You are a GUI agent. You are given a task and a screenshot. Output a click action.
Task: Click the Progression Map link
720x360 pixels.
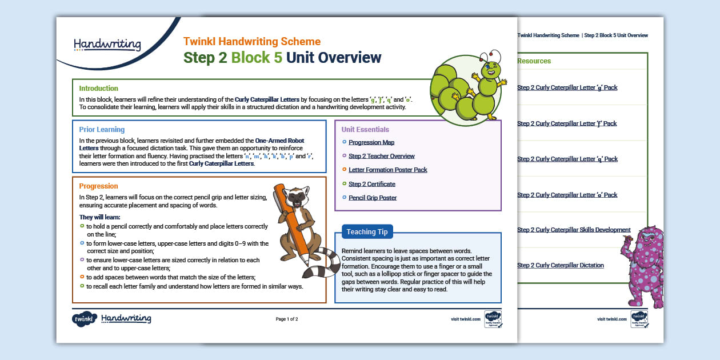[371, 142]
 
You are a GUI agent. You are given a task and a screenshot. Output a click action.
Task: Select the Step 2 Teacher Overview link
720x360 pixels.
[381, 156]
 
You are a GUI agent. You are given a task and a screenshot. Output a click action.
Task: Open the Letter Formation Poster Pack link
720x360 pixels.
[387, 170]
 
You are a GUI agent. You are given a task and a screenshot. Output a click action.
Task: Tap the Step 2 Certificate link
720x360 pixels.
[371, 184]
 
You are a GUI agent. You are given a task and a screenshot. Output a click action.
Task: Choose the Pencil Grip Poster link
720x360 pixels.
[372, 198]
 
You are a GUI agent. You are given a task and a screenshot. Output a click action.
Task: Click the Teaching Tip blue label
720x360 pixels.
[367, 231]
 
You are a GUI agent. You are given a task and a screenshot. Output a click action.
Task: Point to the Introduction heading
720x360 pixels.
[98, 89]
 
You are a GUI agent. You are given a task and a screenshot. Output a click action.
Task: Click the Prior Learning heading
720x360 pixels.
[102, 130]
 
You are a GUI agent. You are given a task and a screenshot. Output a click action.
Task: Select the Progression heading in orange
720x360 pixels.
[98, 186]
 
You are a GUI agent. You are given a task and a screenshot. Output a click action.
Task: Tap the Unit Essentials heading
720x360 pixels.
[365, 130]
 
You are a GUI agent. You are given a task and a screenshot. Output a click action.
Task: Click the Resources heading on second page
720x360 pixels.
[534, 61]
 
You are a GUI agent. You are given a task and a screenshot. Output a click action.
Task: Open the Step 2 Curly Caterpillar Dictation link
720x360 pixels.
[560, 266]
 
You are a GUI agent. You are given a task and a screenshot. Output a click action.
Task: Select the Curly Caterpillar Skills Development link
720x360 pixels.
[574, 230]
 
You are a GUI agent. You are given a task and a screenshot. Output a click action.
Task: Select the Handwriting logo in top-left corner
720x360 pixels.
[107, 44]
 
